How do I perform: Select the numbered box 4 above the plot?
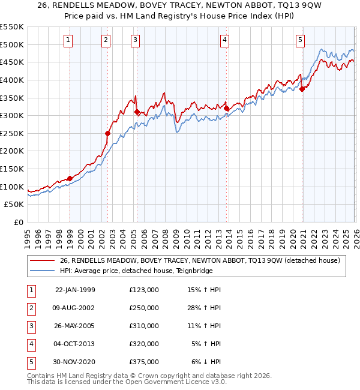tap(224, 40)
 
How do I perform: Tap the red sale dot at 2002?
tap(107, 133)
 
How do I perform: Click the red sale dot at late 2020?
tap(302, 89)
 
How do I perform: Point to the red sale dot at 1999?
tap(70, 178)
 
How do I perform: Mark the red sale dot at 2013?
tap(227, 109)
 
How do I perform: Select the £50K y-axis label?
tap(14, 205)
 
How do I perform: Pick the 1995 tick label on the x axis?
tap(28, 238)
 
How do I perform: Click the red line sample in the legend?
tap(42, 260)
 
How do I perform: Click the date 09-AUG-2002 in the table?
tap(75, 308)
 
